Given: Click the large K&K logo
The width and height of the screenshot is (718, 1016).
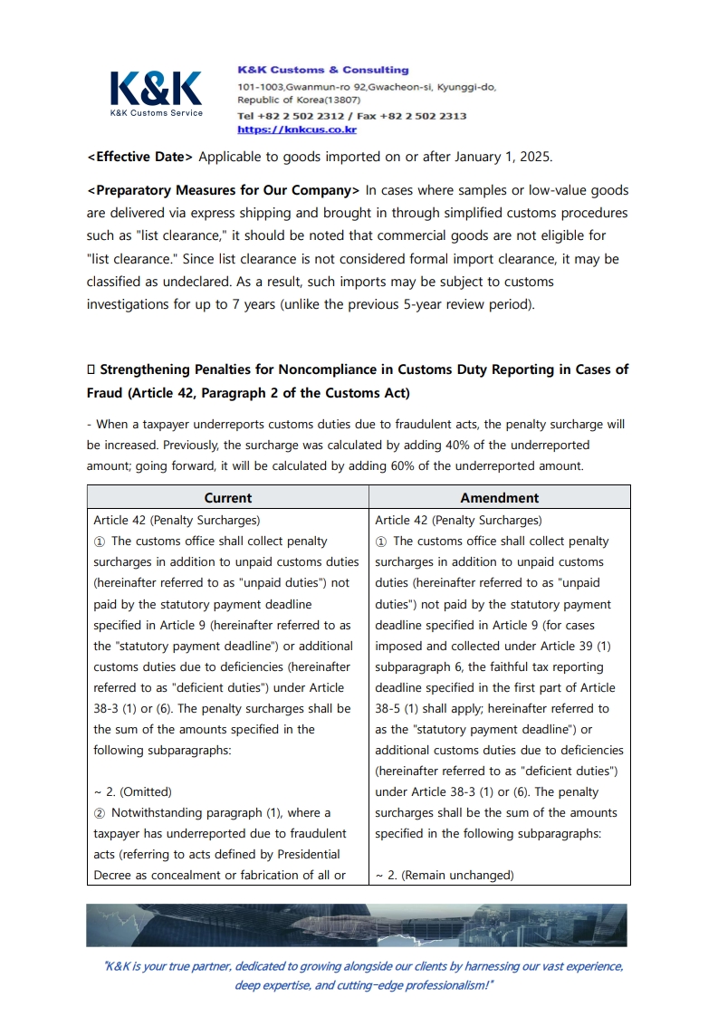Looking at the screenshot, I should click(x=156, y=89).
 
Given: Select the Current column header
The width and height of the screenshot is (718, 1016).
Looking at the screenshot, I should click(x=228, y=497).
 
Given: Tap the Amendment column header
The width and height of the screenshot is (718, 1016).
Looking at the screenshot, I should click(x=499, y=497).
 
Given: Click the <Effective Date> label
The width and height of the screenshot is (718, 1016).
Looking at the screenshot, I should click(x=139, y=157).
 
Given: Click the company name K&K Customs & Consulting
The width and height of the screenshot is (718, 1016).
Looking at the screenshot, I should click(x=322, y=70).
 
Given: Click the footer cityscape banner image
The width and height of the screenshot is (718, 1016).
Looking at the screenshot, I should click(x=357, y=925).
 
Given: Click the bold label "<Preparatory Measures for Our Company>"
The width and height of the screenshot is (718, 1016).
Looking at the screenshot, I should click(x=223, y=190).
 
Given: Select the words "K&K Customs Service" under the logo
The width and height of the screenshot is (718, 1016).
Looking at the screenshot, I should click(x=156, y=113).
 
